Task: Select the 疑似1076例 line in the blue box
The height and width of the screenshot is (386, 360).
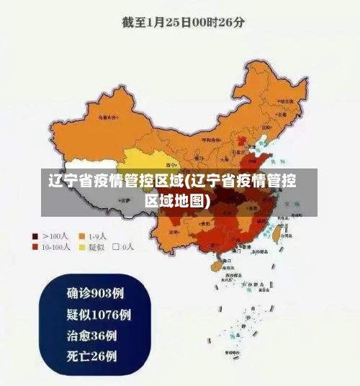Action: click(99, 314)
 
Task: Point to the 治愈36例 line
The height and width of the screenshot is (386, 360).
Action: click(91, 335)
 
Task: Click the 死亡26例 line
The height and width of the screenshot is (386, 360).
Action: click(91, 356)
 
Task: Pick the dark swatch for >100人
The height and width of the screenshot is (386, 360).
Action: click(35, 236)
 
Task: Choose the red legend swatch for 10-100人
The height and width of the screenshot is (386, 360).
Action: click(35, 247)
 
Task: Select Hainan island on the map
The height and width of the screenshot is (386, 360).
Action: click(214, 266)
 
